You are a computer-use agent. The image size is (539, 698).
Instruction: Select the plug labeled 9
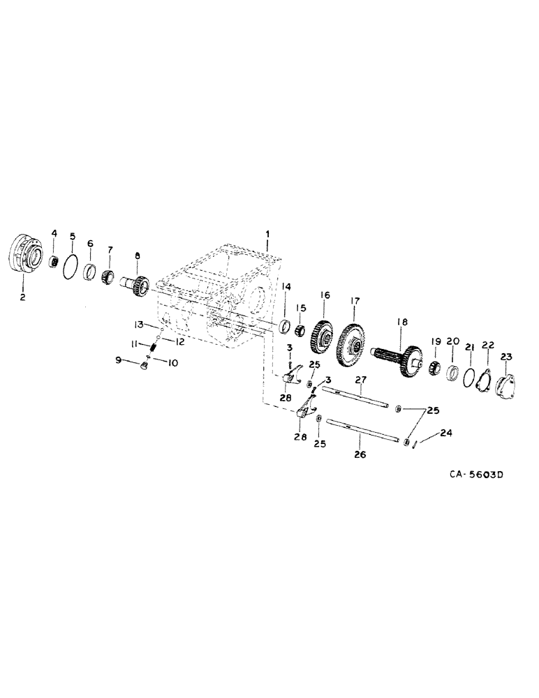(x=142, y=366)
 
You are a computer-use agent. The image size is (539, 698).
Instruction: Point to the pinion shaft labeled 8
(x=135, y=285)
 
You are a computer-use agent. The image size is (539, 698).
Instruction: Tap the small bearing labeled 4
(x=52, y=260)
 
